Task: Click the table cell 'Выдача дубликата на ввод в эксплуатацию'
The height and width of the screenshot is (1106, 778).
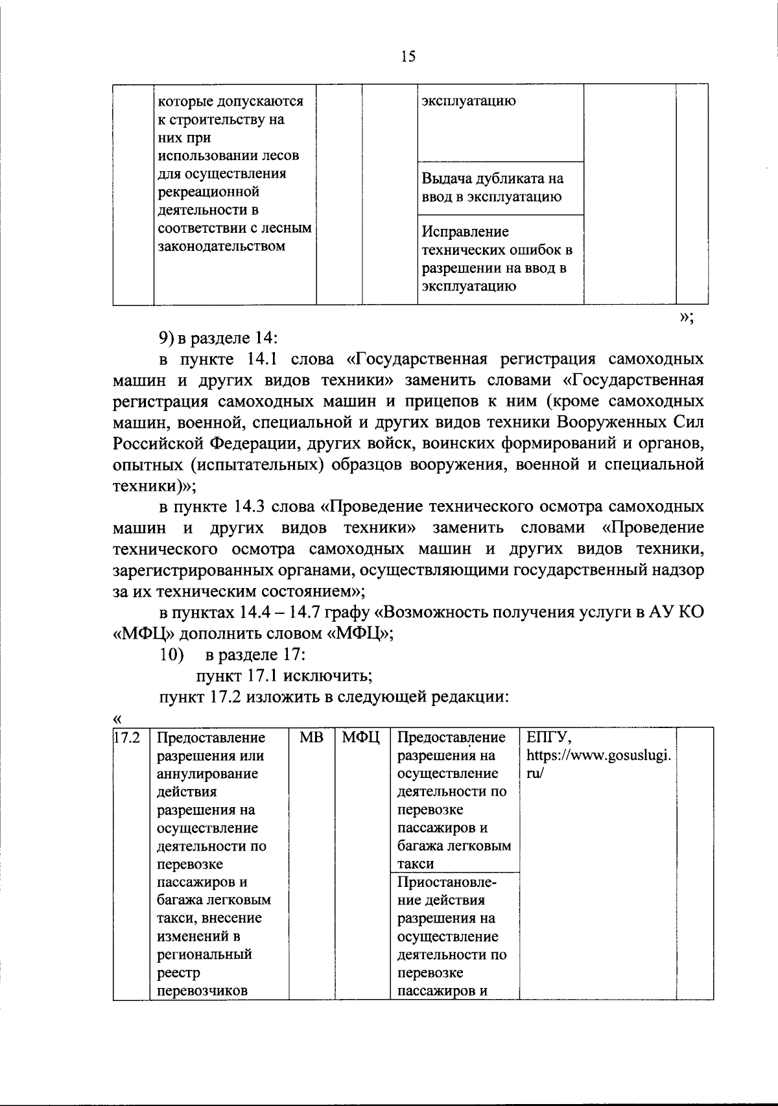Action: click(x=493, y=188)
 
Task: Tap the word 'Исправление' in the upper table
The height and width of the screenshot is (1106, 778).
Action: click(x=465, y=232)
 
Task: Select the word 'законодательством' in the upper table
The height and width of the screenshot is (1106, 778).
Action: click(x=222, y=246)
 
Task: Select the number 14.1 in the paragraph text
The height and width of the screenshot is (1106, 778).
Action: click(x=261, y=359)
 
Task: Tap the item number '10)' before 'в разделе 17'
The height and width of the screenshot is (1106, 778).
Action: click(x=172, y=655)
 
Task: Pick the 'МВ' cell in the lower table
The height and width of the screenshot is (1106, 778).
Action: click(x=311, y=738)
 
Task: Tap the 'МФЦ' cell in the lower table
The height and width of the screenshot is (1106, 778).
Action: click(x=361, y=738)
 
